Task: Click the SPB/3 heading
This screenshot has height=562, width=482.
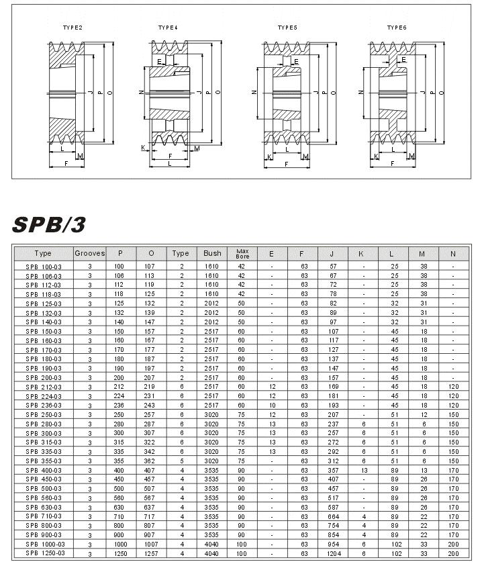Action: [49, 224]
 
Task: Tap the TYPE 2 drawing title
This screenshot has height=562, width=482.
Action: [73, 28]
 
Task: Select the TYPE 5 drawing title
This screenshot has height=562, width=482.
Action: [287, 28]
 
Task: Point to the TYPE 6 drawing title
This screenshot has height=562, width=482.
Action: [397, 28]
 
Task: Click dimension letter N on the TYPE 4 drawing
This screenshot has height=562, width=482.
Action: [140, 92]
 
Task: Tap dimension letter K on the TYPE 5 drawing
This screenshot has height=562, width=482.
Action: [269, 156]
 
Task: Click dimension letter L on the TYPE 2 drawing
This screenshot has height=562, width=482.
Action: [62, 149]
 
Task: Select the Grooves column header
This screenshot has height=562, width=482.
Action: [89, 254]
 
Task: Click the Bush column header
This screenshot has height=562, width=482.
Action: [211, 254]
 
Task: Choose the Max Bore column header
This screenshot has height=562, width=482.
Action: [242, 254]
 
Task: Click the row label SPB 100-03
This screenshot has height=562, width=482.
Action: [43, 267]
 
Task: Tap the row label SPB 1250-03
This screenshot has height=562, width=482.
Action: [43, 553]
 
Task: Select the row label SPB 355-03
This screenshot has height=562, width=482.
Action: [43, 462]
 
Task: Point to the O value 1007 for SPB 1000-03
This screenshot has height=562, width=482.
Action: [151, 544]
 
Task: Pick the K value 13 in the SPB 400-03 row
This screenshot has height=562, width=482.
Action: [363, 471]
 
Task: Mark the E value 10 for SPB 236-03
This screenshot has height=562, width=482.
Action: [272, 406]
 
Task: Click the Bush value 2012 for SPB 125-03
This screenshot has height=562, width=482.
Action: [211, 303]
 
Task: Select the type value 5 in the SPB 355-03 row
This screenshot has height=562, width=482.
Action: [181, 462]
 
